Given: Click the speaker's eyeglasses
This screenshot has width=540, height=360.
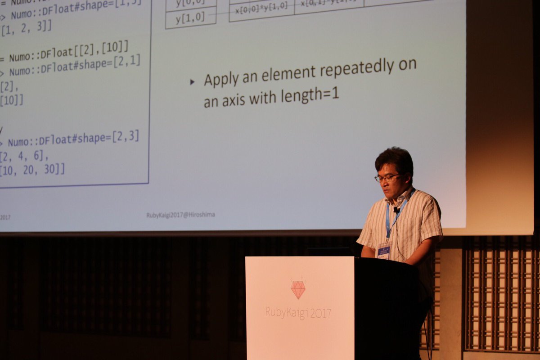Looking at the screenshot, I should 387,178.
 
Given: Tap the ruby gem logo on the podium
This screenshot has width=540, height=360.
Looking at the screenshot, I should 298,289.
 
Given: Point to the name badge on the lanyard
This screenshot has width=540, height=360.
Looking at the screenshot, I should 384,251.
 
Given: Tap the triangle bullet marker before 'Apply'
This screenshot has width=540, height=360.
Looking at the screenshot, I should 193,82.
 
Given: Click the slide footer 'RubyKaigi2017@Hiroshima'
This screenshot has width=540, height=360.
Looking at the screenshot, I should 180,215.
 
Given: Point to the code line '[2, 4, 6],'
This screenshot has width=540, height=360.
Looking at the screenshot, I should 24,156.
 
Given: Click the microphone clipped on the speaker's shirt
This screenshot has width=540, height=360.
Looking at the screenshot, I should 396,210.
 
